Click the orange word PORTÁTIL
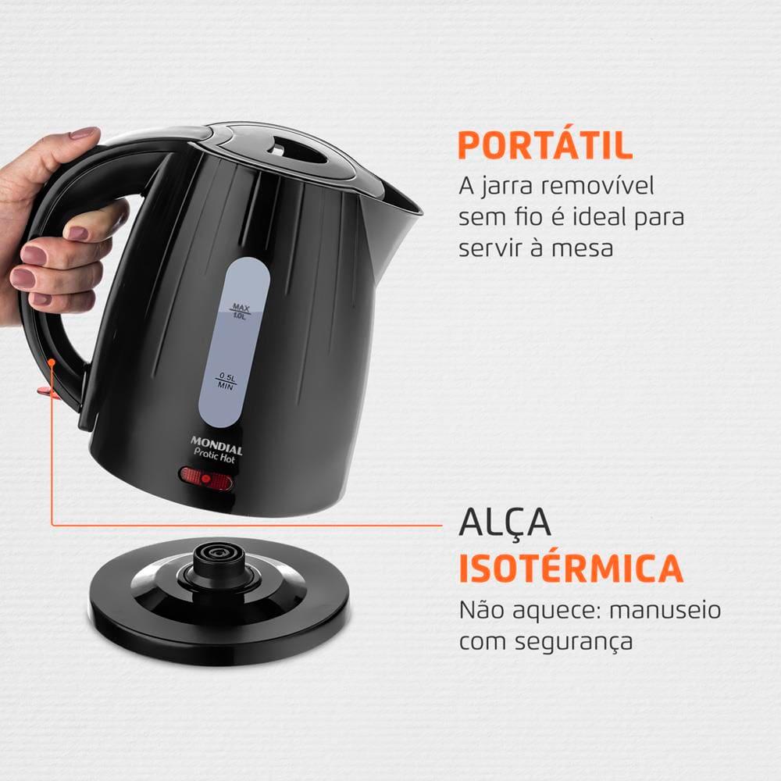[544, 146]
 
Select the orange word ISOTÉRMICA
[570, 569]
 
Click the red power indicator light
[206, 480]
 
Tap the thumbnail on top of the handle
[84, 134]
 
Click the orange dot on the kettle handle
[52, 362]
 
